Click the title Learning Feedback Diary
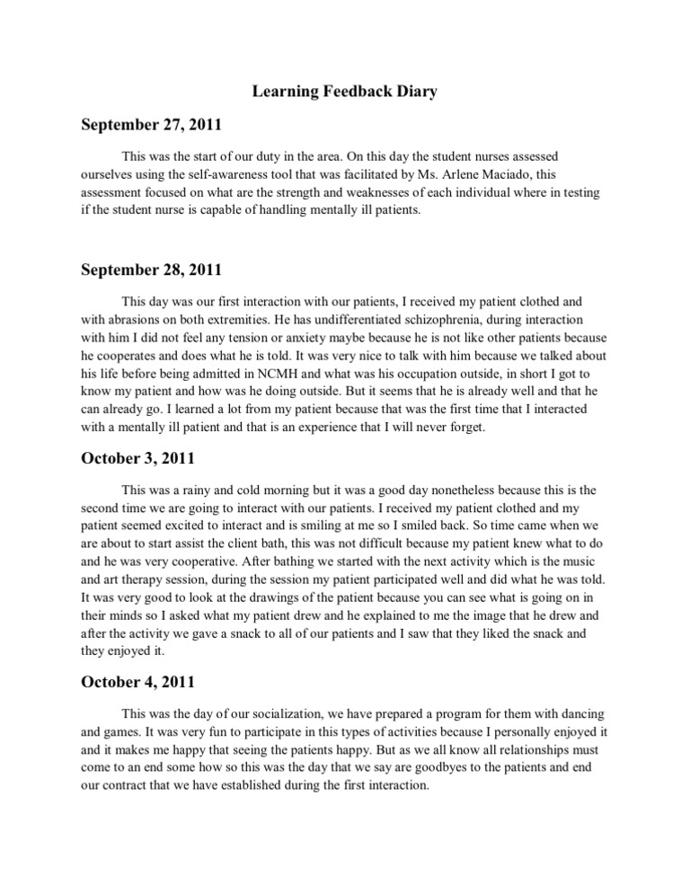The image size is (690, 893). coord(344,93)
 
